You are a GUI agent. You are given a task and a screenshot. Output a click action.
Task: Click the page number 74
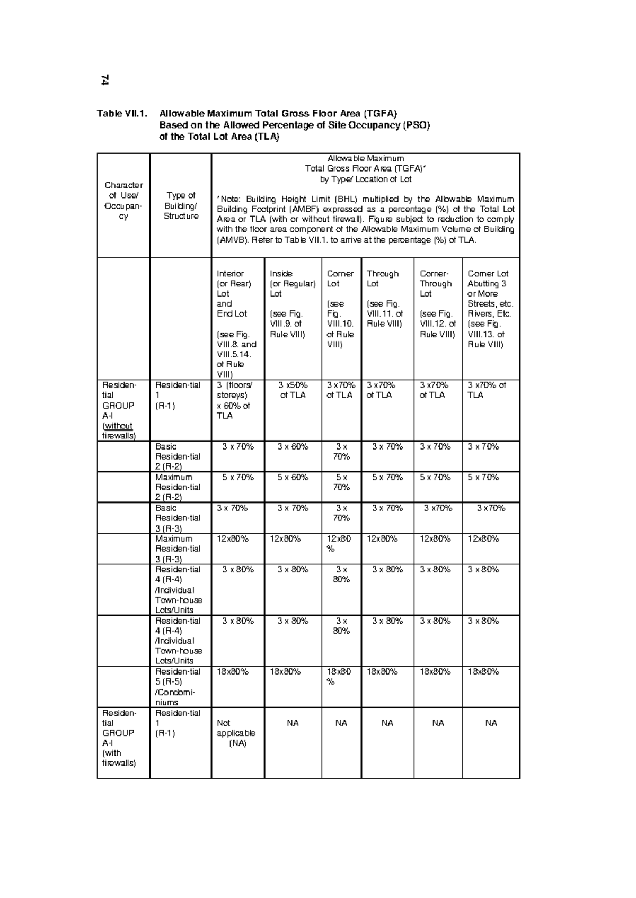point(105,80)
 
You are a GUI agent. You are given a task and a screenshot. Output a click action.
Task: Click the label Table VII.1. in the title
point(120,113)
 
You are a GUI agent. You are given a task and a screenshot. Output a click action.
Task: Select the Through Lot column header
point(385,298)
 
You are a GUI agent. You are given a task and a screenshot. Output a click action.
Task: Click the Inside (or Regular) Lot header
point(292,303)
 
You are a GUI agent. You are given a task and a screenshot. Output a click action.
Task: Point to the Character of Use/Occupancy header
point(123,201)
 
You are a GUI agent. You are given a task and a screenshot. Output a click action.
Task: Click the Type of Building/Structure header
point(181,205)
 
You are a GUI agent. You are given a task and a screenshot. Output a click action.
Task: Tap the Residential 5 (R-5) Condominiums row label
point(178,687)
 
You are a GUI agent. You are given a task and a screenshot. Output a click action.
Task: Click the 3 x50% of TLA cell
point(293,390)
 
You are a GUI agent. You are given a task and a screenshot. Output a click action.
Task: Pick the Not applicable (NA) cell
point(236,733)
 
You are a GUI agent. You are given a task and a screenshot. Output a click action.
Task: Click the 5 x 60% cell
point(293,477)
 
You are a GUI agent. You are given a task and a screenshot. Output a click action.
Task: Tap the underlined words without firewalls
point(119,431)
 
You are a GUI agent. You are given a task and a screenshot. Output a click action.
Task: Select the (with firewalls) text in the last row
point(119,758)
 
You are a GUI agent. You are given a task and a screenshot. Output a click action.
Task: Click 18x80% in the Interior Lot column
point(233,671)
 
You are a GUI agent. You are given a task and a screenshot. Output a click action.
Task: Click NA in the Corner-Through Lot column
point(438,723)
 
